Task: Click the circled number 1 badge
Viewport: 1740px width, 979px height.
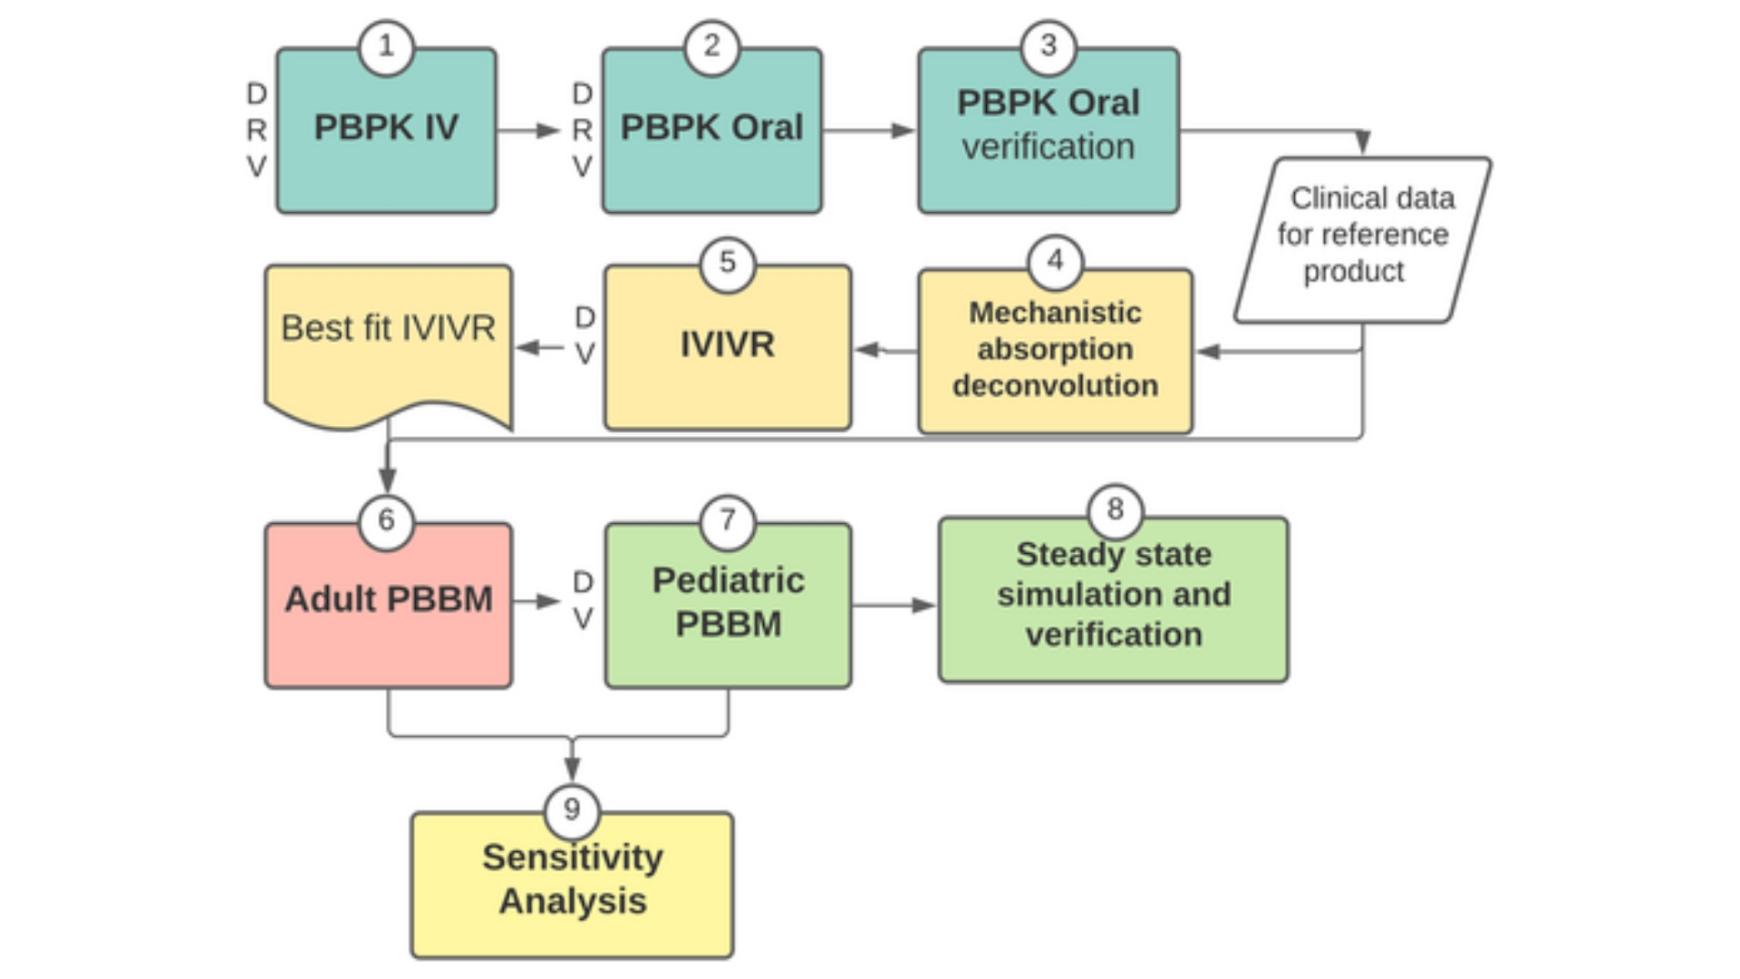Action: click(x=387, y=46)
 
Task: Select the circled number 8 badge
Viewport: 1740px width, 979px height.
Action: click(x=1115, y=509)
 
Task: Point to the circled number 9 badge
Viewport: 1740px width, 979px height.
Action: click(x=572, y=809)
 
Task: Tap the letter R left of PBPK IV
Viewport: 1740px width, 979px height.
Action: click(x=256, y=131)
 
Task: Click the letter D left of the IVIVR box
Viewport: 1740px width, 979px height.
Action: click(x=585, y=316)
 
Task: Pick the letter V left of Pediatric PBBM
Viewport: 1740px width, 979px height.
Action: click(x=583, y=619)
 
